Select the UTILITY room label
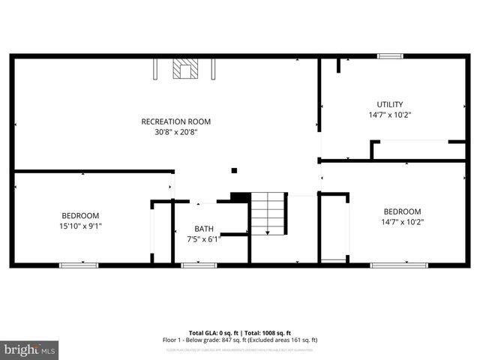click(x=390, y=104)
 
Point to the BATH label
click(x=204, y=229)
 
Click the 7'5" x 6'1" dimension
click(x=204, y=239)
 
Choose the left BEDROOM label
click(x=80, y=215)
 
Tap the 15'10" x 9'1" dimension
click(x=80, y=225)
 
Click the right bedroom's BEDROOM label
click(x=402, y=211)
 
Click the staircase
click(x=269, y=213)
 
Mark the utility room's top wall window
click(x=390, y=56)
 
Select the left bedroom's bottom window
click(x=79, y=265)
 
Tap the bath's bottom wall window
click(x=199, y=265)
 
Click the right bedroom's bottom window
click(x=399, y=265)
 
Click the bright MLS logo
click(x=30, y=349)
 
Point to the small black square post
click(x=234, y=171)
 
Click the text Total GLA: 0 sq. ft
click(x=214, y=333)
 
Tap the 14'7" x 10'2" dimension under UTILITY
click(x=390, y=115)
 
